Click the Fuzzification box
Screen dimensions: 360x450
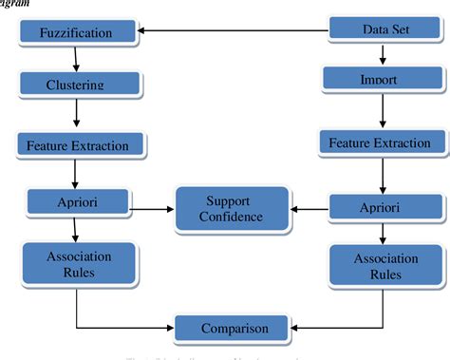tap(76, 33)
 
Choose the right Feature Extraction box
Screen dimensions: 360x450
tap(380, 143)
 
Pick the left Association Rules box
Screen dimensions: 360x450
tap(79, 264)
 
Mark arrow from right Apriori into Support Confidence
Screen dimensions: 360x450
tap(309, 207)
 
